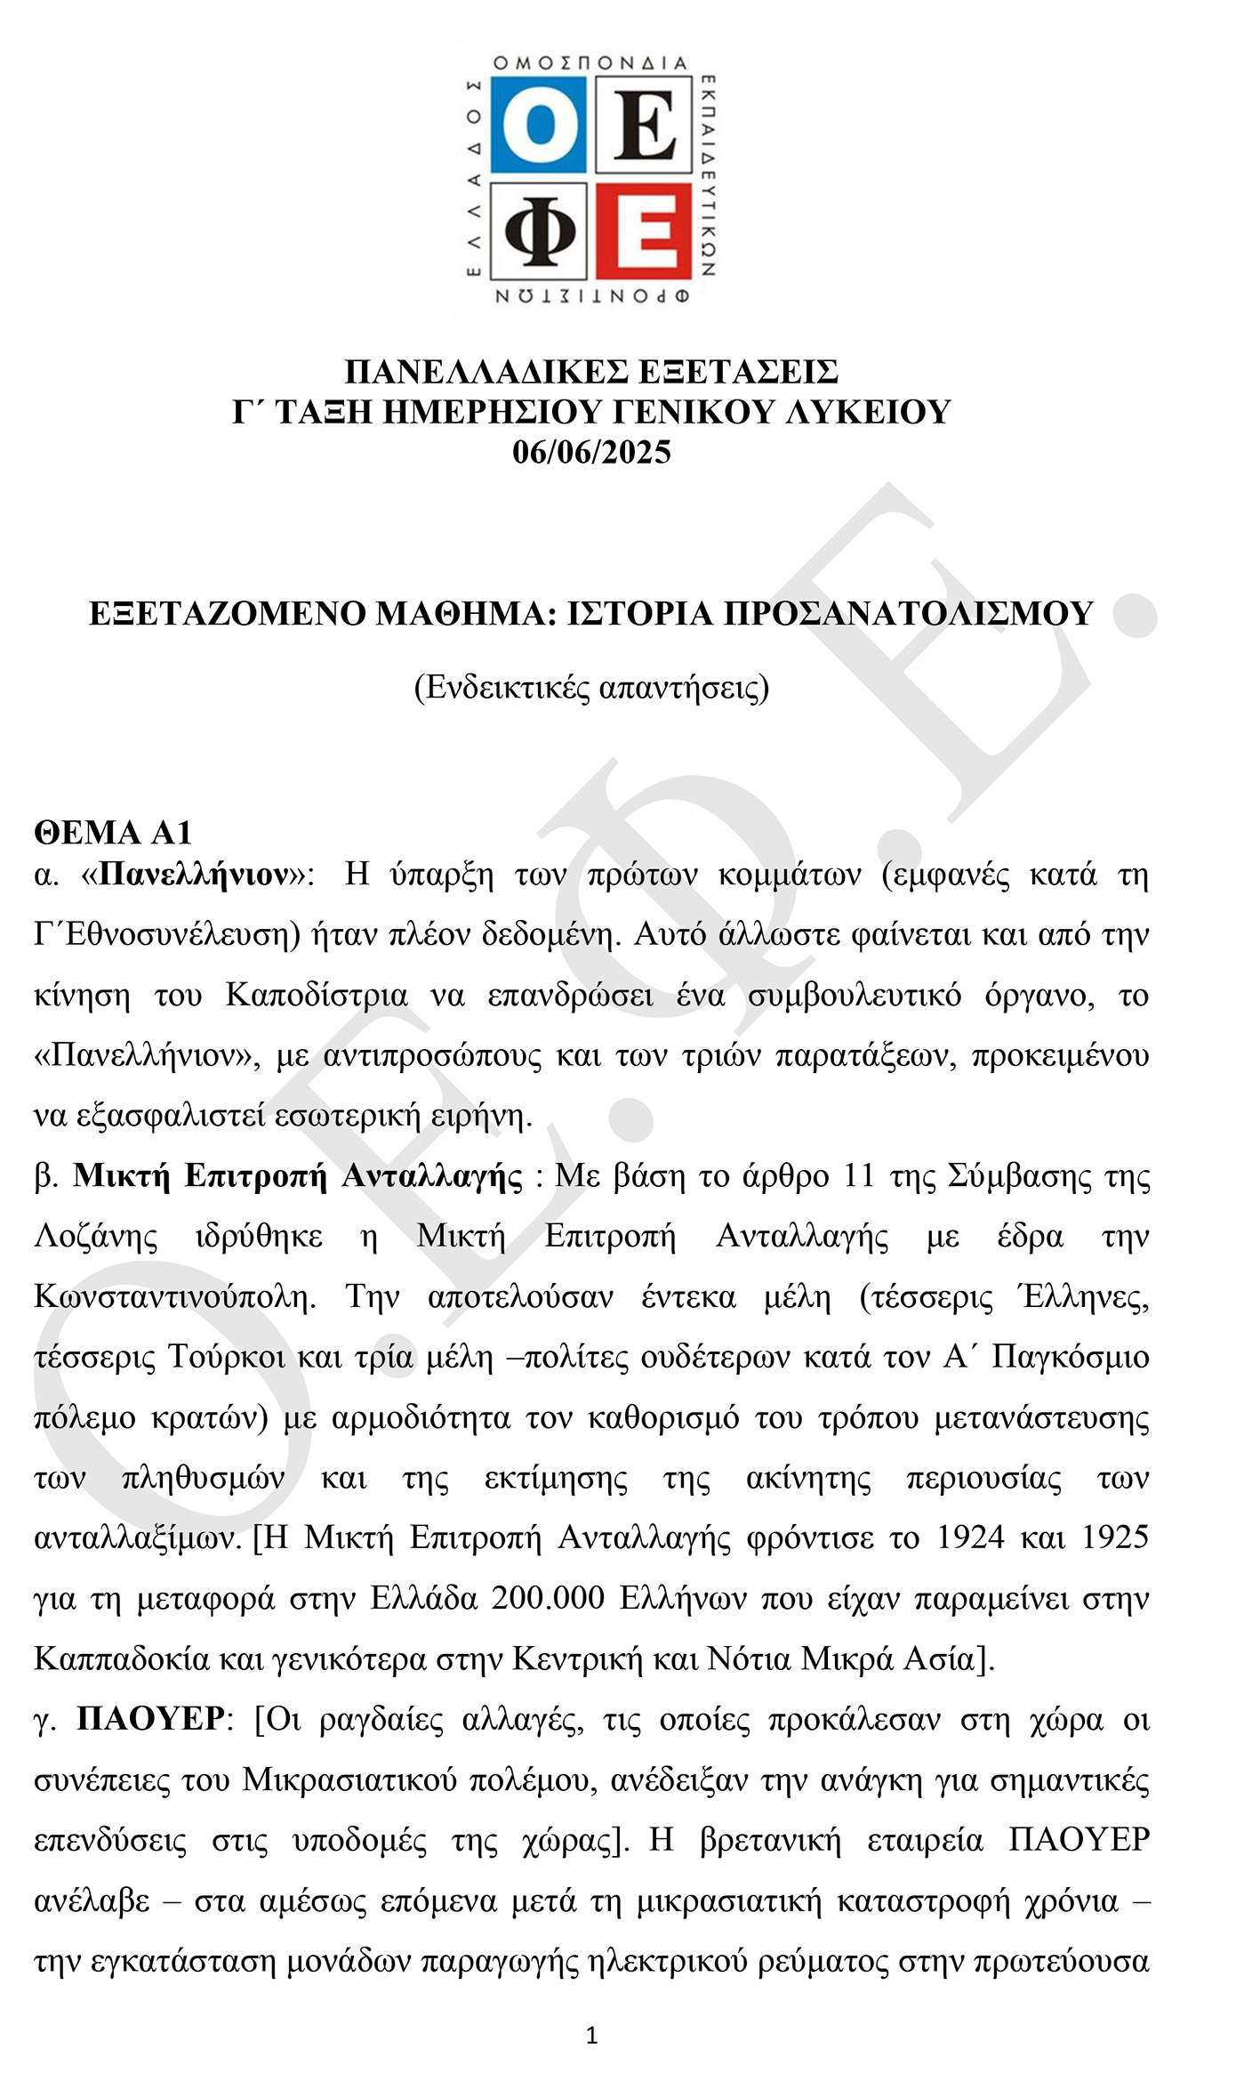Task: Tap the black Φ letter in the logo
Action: tap(538, 230)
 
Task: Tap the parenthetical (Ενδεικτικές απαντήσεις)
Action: tap(591, 688)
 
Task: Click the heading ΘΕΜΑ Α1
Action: tap(113, 832)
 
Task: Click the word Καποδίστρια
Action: tap(317, 995)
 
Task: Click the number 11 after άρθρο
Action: tap(858, 1175)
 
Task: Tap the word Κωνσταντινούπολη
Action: tap(174, 1296)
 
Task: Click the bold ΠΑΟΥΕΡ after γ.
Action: tap(151, 1718)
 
